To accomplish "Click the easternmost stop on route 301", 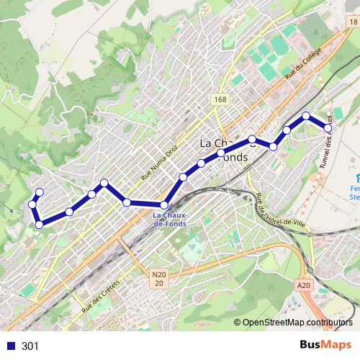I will (328, 128).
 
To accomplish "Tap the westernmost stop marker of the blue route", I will (32, 205).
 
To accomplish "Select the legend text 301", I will (30, 346).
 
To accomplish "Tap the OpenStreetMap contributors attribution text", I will (298, 323).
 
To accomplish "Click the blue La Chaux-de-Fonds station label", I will (170, 219).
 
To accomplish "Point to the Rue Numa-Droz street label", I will (159, 166).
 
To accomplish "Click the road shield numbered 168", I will (220, 99).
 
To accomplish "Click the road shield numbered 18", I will (351, 22).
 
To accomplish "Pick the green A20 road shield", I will (304, 285).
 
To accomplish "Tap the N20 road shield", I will (159, 274).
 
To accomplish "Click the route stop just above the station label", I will (165, 205).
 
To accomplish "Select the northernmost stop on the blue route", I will (306, 116).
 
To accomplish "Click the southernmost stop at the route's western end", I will (40, 225).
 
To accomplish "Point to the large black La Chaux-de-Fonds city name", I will (223, 149).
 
